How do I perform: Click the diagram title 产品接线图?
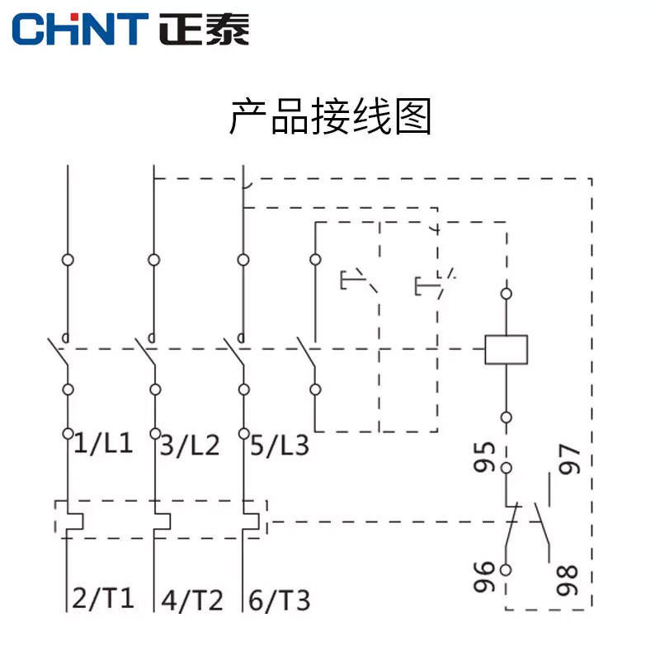click(330, 117)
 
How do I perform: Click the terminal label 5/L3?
click(279, 445)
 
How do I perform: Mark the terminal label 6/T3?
click(280, 599)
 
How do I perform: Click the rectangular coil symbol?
click(506, 349)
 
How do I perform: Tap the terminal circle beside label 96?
click(506, 569)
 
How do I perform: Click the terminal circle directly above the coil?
click(506, 293)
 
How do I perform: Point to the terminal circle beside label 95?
click(506, 468)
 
